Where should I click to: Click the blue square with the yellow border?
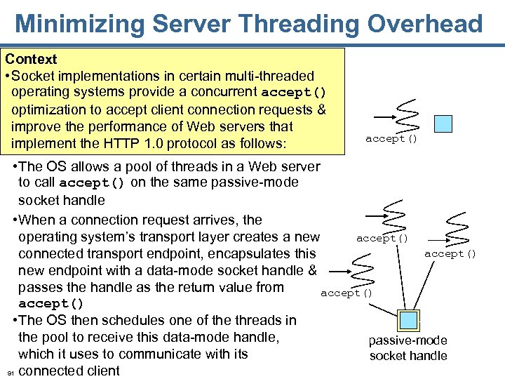tap(408, 321)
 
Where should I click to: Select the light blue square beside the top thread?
tap(443, 124)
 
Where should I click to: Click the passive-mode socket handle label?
tap(408, 348)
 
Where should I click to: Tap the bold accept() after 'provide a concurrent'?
tap(294, 93)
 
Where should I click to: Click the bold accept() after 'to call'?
tap(92, 183)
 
